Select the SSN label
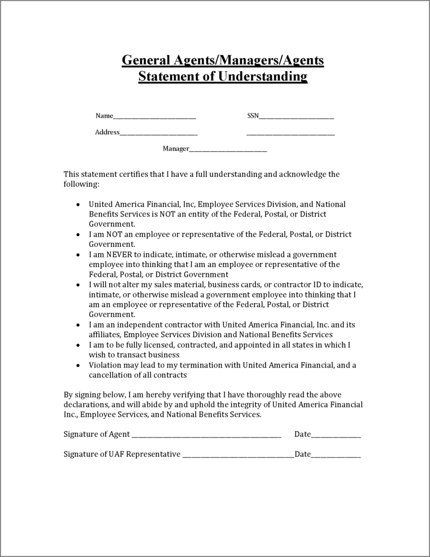point(253,115)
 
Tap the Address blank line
point(158,134)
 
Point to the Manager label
point(176,148)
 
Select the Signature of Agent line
point(206,436)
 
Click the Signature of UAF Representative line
point(238,456)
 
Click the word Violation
point(105,365)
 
